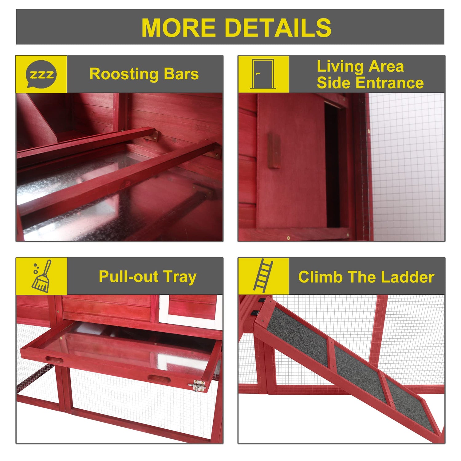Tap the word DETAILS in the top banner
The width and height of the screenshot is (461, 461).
point(278,28)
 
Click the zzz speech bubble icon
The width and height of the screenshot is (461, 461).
point(41,74)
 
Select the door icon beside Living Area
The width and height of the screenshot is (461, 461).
point(263,74)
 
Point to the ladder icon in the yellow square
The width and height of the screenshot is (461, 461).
point(263,276)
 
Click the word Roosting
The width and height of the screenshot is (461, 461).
point(124,75)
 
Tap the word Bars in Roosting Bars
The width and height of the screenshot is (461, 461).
point(181,74)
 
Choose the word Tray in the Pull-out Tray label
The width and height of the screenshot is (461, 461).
point(180,277)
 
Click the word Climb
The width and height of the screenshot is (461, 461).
point(320,277)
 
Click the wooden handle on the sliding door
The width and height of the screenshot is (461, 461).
point(274,151)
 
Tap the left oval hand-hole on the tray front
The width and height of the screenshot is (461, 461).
point(54,360)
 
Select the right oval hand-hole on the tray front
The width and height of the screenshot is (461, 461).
point(159,378)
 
